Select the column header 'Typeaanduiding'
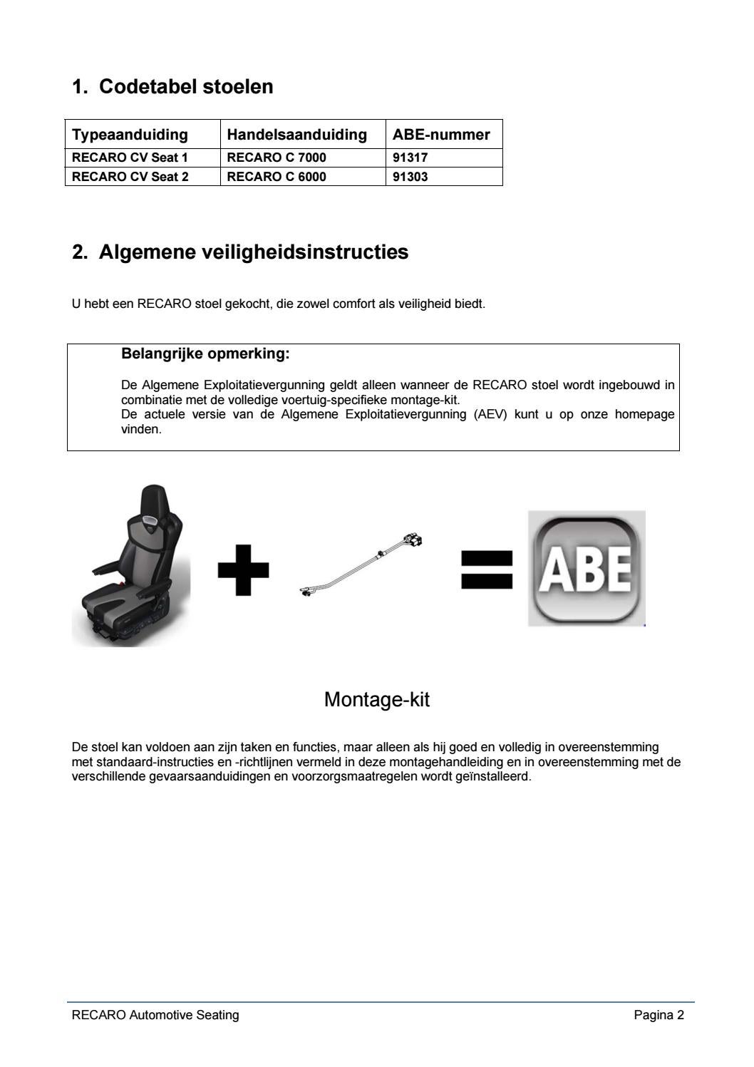[x=130, y=135]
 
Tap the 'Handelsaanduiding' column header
[x=296, y=135]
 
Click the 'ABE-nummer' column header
[x=441, y=135]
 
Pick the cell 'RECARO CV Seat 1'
[x=130, y=158]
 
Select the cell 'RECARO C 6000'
[x=277, y=177]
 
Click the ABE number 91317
[x=410, y=158]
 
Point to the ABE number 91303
[x=410, y=177]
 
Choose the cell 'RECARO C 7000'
[x=277, y=158]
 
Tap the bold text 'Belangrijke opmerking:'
[x=205, y=354]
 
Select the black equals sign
[x=487, y=569]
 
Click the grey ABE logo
[x=586, y=568]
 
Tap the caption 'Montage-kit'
[x=376, y=699]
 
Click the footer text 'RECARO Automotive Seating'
[x=155, y=1015]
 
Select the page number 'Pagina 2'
[x=659, y=1015]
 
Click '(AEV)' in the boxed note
[x=490, y=414]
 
